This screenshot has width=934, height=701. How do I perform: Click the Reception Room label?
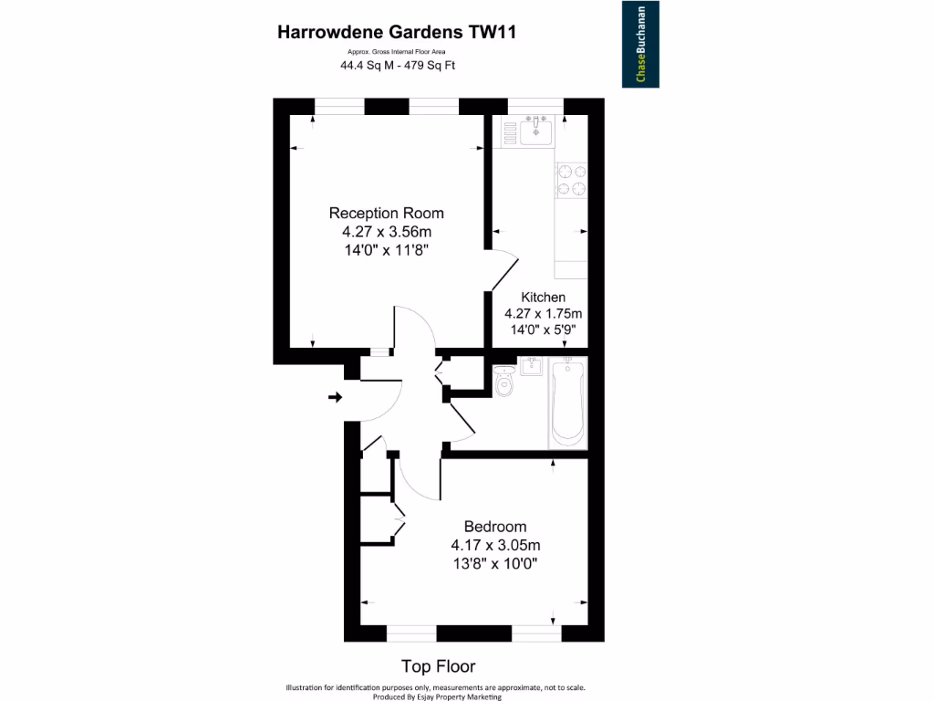coord(386,214)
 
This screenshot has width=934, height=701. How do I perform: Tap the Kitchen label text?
coord(543,298)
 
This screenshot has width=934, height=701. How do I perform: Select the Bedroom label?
coord(495,527)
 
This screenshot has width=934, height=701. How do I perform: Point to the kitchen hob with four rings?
coord(571,180)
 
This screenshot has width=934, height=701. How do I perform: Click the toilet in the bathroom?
coord(504,382)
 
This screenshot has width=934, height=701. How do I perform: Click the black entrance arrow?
coord(335,397)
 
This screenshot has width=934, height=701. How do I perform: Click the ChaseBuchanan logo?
coord(640,45)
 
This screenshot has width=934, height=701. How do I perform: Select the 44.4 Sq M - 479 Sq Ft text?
coord(398,66)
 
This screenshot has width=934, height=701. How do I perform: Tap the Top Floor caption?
coord(439,666)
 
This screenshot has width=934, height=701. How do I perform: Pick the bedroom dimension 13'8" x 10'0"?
coord(495,563)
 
